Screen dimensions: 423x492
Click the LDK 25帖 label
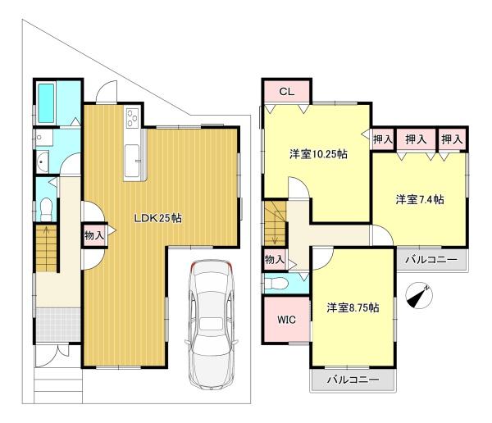tap(158, 219)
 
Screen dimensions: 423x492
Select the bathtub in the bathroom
tap(46, 102)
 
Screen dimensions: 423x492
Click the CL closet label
tap(285, 91)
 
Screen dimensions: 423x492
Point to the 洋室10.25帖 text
tap(317, 153)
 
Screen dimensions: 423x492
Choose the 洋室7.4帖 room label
tap(420, 199)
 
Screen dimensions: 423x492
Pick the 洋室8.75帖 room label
tap(352, 307)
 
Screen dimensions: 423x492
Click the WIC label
tap(285, 319)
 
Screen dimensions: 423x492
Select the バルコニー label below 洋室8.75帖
tap(353, 380)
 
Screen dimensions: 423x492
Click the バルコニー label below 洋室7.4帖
tap(435, 261)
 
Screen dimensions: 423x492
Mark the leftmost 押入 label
tap(382, 140)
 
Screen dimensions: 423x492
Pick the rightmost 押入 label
tap(452, 139)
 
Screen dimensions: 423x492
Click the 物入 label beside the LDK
tap(93, 235)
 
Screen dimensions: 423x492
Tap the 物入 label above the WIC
tap(274, 260)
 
